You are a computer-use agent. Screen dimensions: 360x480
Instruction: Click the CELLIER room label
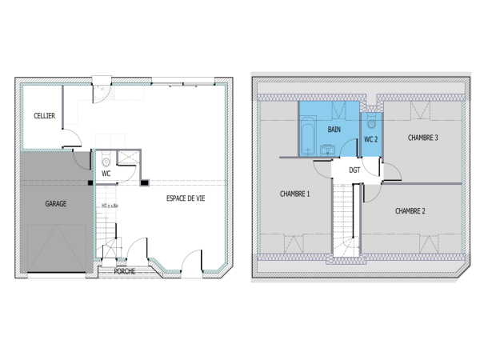coord(45,117)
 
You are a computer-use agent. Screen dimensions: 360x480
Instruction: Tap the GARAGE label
coord(55,203)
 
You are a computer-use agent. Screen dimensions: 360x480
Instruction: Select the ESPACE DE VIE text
coord(185,198)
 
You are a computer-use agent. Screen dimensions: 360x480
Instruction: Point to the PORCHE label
coord(125,271)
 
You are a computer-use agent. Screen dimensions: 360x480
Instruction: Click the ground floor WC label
coord(106,173)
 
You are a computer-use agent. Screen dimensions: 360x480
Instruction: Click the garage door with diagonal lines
coord(56,249)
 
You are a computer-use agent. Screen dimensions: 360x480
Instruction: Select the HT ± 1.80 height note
coord(110,206)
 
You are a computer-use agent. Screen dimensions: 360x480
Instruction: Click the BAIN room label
coord(334,129)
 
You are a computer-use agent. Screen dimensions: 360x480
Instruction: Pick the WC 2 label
coord(370,139)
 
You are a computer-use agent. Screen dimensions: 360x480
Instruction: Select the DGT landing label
coord(354,170)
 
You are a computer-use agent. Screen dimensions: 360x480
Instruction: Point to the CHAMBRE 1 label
coord(294,194)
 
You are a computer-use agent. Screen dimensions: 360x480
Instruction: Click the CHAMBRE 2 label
coord(410,211)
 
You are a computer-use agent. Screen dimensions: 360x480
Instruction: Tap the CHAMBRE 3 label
coord(422,138)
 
